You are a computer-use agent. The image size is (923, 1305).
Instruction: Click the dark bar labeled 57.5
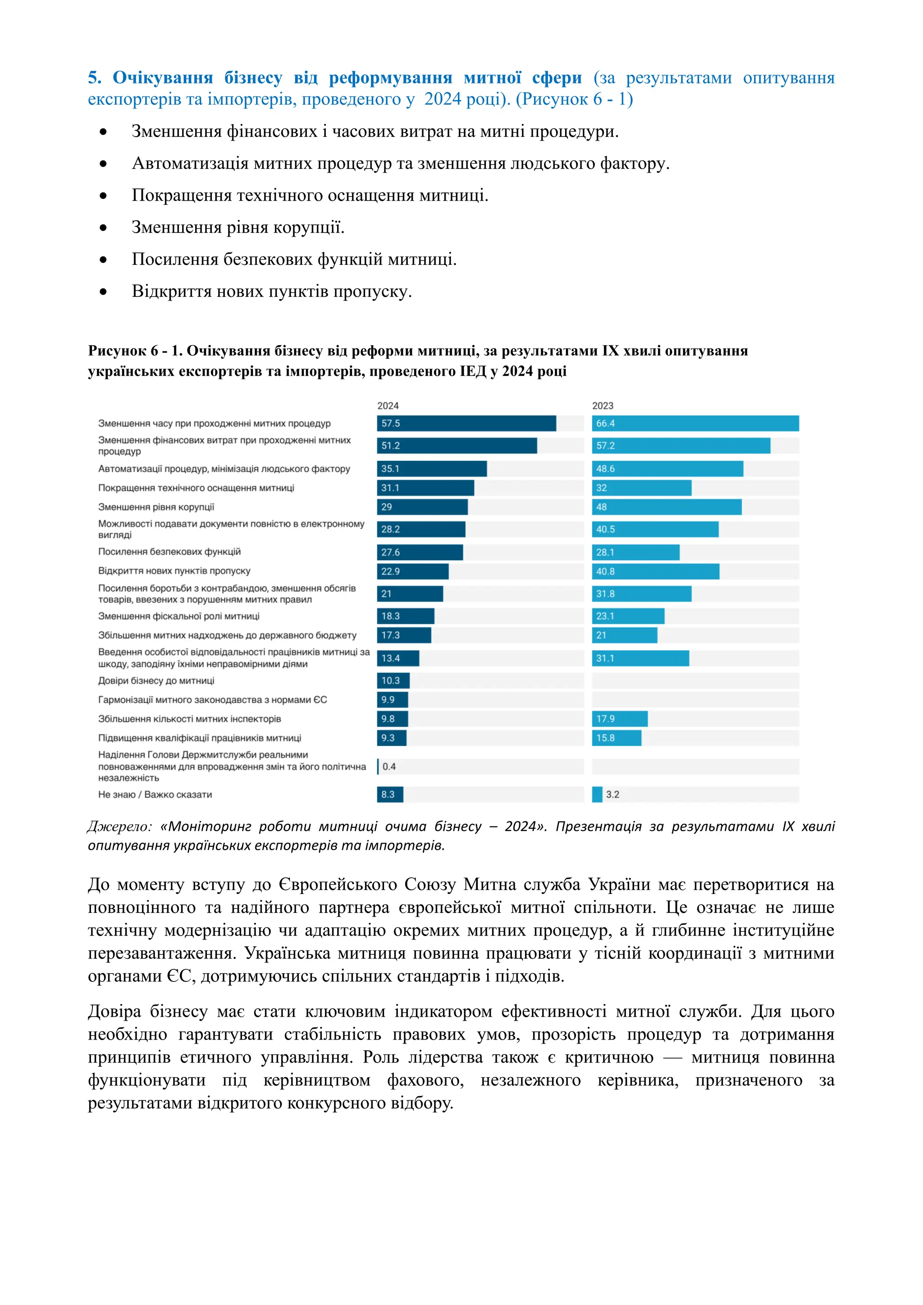coord(466,424)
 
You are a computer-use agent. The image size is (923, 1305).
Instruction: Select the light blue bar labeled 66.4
coord(695,424)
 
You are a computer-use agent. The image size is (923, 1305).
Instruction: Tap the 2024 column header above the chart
coord(388,406)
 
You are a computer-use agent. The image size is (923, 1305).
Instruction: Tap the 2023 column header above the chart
coord(603,406)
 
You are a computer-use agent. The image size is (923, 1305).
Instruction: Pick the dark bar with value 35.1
coord(431,469)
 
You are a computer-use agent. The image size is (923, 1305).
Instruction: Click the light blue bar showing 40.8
coord(655,571)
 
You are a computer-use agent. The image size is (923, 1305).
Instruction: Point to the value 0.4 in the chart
coord(389,767)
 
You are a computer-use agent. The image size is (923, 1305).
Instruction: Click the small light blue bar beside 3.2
coord(597,794)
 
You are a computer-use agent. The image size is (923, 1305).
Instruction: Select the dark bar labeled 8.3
coord(390,794)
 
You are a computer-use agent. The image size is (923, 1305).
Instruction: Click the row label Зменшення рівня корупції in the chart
coord(156,507)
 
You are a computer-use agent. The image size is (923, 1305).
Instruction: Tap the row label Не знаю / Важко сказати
coord(155,794)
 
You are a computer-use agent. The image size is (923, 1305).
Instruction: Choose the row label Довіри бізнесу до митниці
coord(156,681)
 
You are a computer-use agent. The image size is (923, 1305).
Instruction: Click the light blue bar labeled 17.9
coord(620,719)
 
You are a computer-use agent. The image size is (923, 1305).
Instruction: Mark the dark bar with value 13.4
coord(398,658)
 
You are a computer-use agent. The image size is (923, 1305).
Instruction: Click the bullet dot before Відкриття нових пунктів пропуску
coord(103,292)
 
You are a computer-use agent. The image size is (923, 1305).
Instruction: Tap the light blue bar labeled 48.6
coord(667,469)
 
